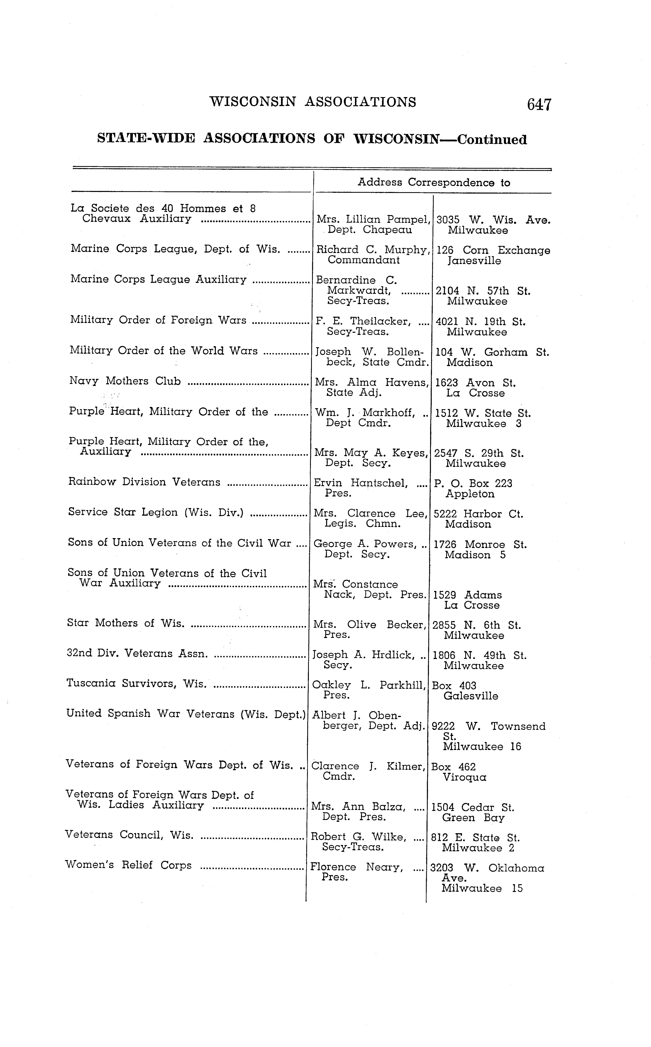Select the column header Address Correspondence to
click(x=434, y=183)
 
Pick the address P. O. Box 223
click(x=473, y=483)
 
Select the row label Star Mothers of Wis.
click(x=126, y=623)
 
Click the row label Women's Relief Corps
click(x=128, y=865)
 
